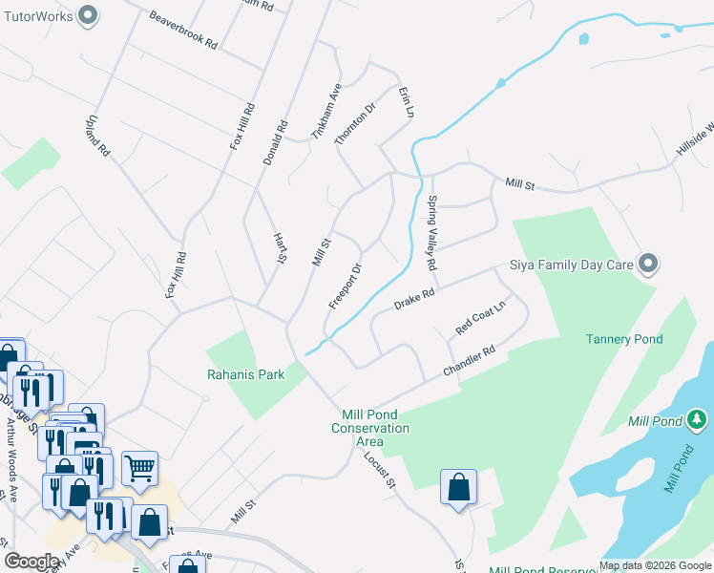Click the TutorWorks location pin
[x=89, y=15]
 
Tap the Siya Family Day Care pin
[x=649, y=264]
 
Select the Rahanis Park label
[x=246, y=374]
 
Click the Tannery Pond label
[x=624, y=339]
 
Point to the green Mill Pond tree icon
[x=698, y=419]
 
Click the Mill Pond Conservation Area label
[x=369, y=428]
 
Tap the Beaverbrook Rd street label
[x=184, y=31]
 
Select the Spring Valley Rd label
[x=431, y=232]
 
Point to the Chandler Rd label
[x=469, y=362]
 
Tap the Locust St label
[x=379, y=469]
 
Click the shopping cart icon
[x=139, y=468]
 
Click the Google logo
[x=31, y=562]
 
